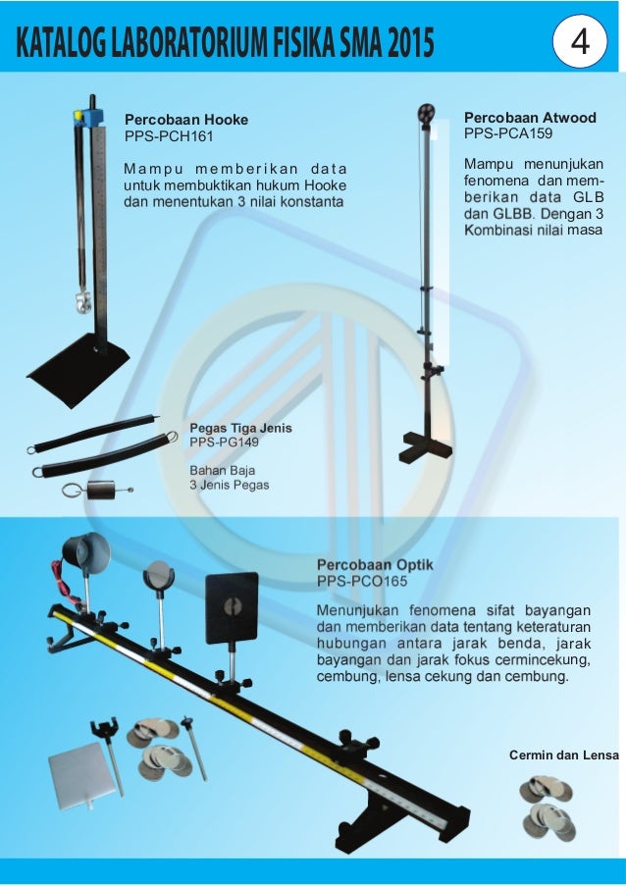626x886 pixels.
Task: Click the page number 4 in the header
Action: pos(579,42)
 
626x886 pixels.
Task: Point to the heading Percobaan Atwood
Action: pos(529,117)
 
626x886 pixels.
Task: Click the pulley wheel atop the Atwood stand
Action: pos(425,111)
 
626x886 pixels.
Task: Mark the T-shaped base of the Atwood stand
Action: pos(425,447)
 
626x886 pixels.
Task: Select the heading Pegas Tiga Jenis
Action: pos(240,429)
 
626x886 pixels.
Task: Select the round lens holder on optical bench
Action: pos(158,575)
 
